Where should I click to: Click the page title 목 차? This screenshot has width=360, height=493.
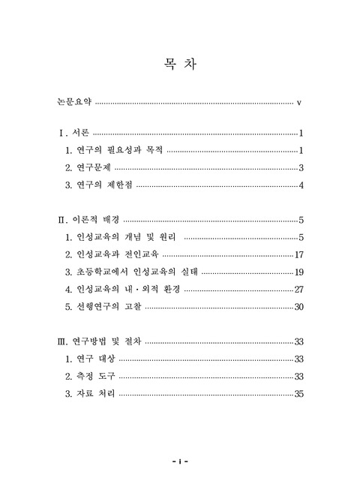(x=179, y=64)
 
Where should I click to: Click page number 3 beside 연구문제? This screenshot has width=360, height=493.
(x=300, y=168)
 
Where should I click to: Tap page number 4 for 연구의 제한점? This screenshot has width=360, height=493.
(x=300, y=185)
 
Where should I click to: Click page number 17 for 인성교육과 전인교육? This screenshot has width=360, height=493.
(x=298, y=255)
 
